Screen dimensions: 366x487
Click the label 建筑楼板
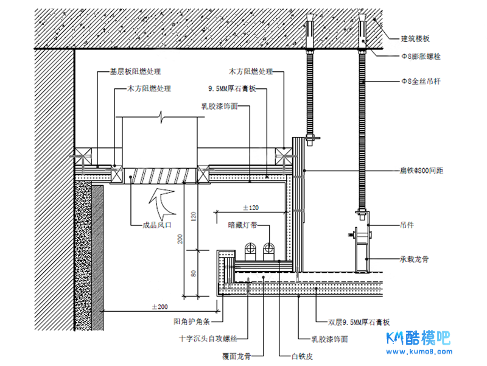415,39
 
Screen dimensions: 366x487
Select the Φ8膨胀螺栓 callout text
420,56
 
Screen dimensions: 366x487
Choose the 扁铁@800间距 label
421,171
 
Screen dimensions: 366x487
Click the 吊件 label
407,225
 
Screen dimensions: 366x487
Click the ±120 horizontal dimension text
251,208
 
